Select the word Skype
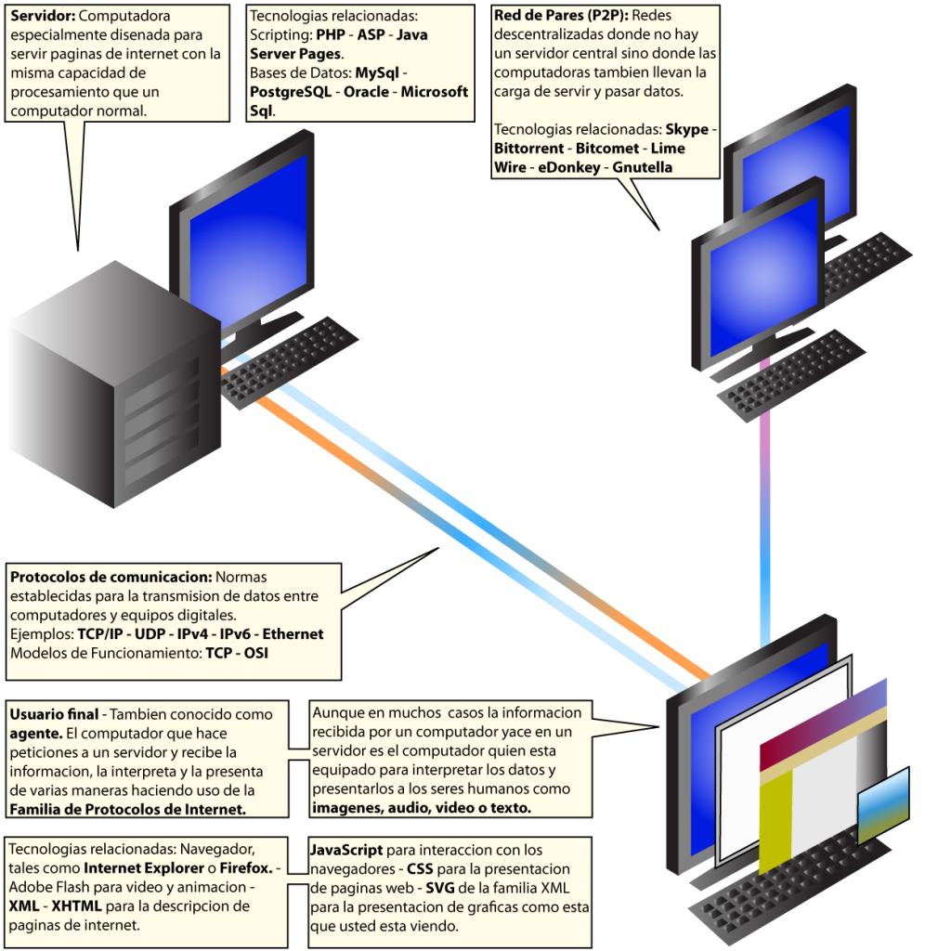(686, 129)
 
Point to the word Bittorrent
(528, 149)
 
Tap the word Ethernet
(293, 634)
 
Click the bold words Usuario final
(54, 714)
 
